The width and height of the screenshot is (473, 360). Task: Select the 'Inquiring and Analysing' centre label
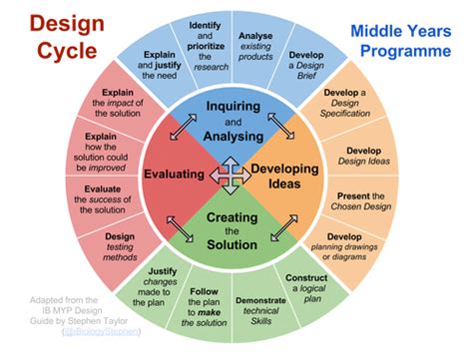[233, 122]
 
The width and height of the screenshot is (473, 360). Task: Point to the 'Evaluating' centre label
[174, 175]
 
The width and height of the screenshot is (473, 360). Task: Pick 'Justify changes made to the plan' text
[155, 286]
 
